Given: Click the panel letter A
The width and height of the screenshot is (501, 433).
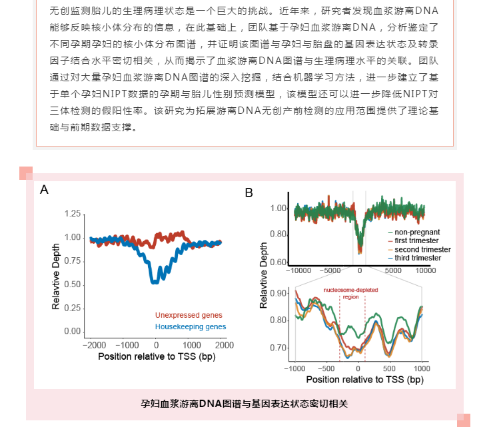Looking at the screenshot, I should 45,190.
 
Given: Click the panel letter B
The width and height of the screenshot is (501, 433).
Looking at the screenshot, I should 249,193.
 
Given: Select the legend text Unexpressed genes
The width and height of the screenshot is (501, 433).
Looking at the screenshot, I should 189,315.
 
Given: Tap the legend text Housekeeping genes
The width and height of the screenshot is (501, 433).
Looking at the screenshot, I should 191,326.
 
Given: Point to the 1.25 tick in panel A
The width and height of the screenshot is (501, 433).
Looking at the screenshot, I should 72,214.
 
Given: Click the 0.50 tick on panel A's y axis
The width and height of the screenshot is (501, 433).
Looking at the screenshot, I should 72,284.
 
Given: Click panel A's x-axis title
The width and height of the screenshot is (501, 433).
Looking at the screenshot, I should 156,356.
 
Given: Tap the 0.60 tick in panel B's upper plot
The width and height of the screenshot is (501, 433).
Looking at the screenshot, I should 277,262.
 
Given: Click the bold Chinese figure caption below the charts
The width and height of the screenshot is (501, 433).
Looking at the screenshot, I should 245,404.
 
